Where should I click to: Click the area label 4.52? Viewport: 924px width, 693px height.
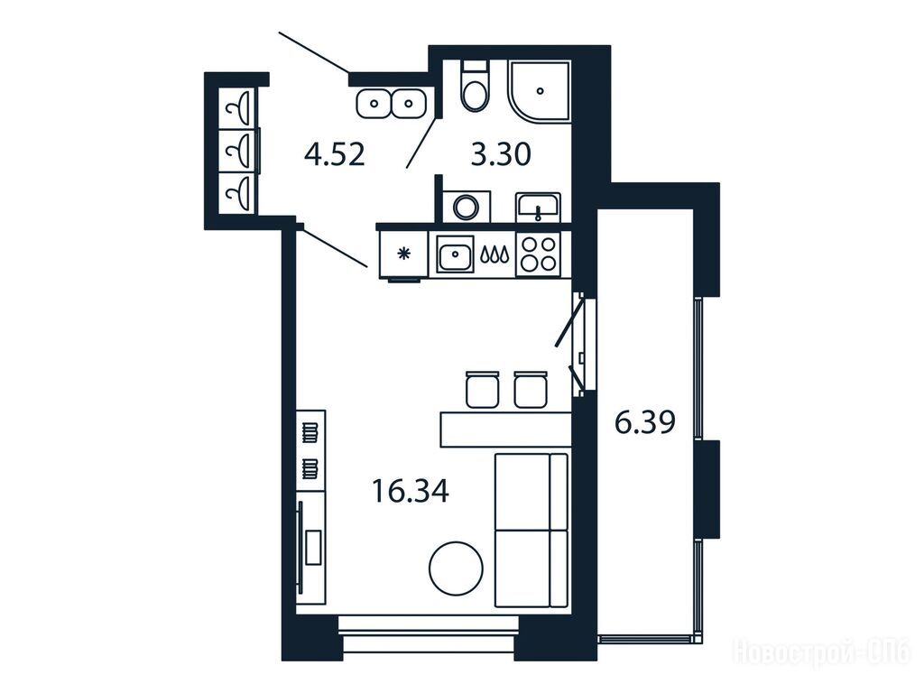[x=335, y=155]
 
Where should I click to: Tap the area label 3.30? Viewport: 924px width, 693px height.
[x=502, y=155]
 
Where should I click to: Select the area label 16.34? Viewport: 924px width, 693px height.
[x=411, y=491]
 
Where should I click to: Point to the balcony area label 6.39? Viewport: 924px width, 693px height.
[x=644, y=422]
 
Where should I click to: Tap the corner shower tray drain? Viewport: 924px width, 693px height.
[x=541, y=91]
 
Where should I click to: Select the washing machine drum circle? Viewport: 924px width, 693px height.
[x=466, y=208]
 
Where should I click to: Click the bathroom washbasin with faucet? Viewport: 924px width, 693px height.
[x=538, y=208]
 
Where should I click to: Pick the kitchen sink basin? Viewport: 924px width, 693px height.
[x=455, y=254]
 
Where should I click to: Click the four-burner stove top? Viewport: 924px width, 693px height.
[x=538, y=254]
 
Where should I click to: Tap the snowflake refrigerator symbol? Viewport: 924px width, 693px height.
[x=403, y=254]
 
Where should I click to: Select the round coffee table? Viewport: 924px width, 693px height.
[x=456, y=568]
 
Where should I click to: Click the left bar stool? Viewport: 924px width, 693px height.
[x=482, y=389]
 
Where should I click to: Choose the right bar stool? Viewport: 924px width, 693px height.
[x=531, y=389]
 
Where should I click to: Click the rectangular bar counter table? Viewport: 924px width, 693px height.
[x=505, y=430]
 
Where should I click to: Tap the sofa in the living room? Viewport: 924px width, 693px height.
[x=531, y=530]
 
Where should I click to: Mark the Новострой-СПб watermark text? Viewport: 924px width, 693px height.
[x=821, y=653]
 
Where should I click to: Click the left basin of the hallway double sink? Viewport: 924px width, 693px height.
[x=374, y=105]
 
